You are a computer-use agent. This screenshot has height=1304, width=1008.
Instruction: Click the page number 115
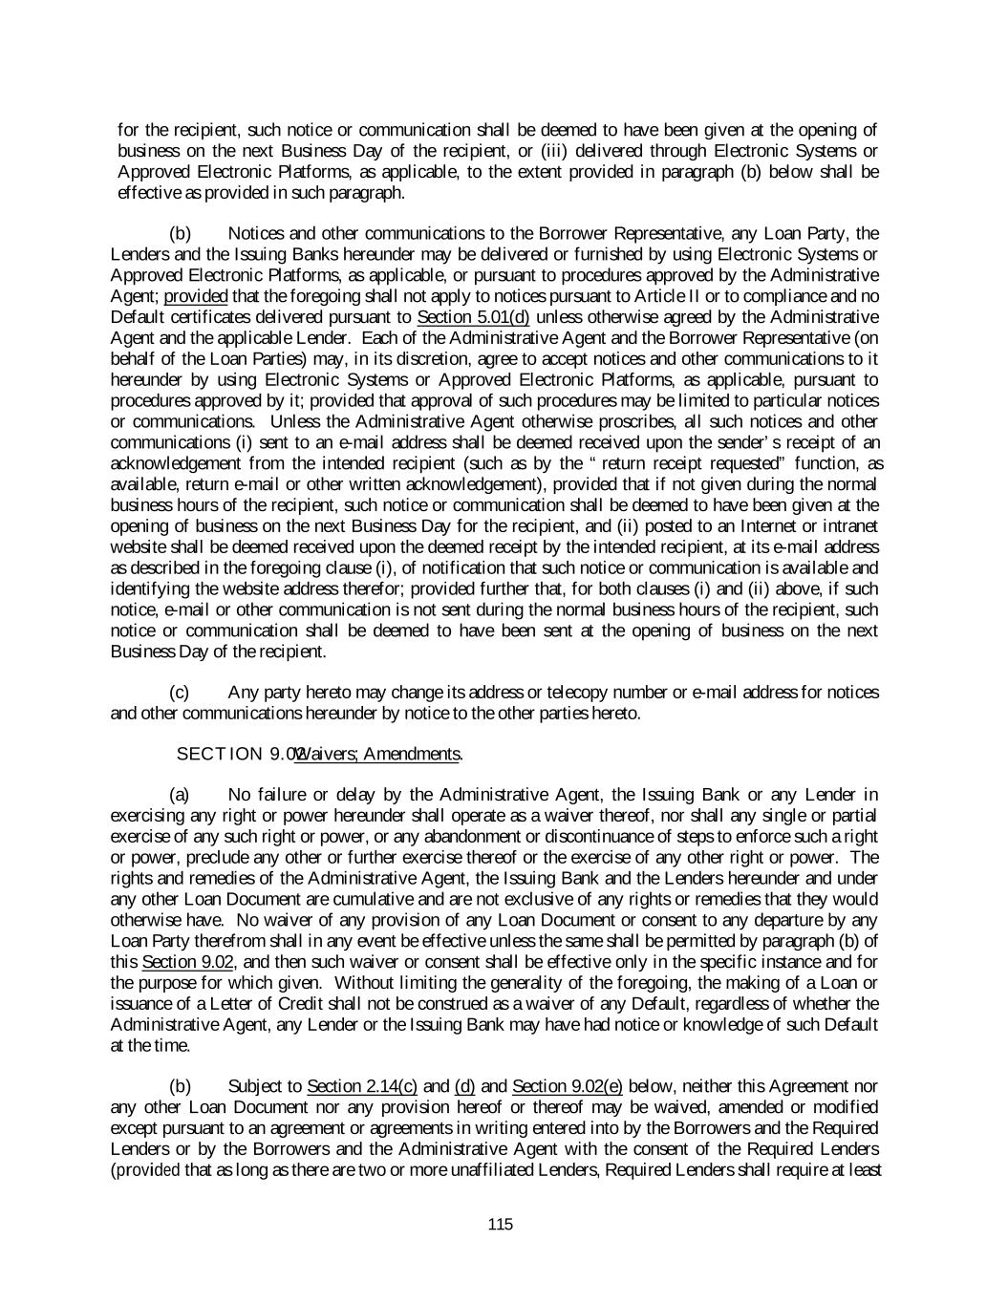pyautogui.click(x=501, y=1225)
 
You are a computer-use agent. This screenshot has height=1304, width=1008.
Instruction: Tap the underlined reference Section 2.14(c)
pyautogui.click(x=362, y=1086)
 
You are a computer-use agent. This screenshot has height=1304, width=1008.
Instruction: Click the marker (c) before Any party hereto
pyautogui.click(x=179, y=693)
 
